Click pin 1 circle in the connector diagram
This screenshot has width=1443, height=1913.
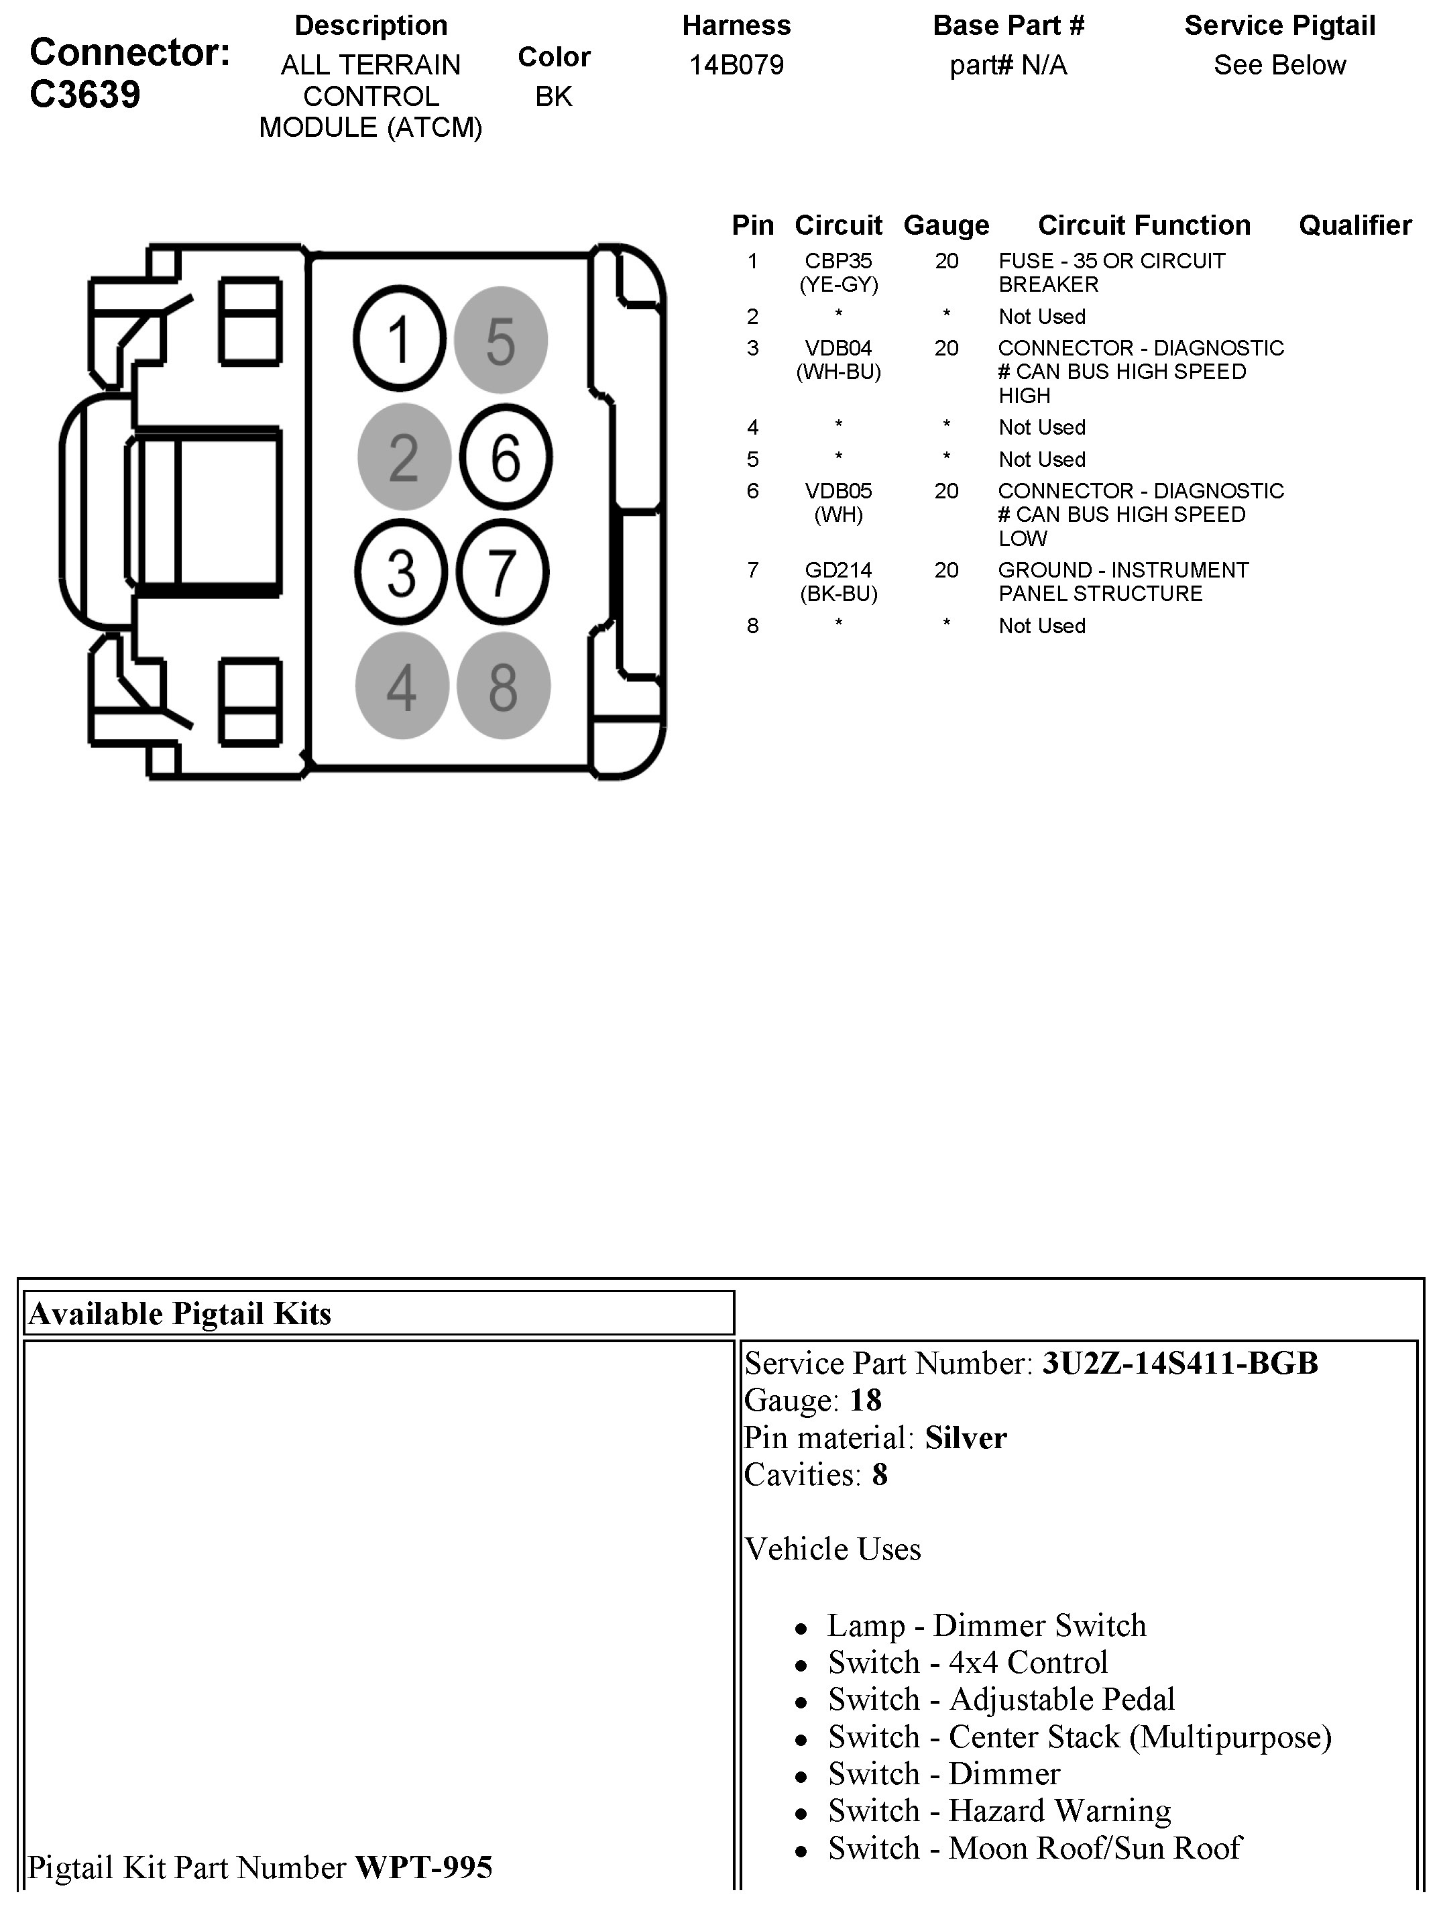pyautogui.click(x=400, y=340)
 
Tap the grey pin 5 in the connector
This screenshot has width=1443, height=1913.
pyautogui.click(x=501, y=340)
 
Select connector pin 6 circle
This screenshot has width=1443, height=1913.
pyautogui.click(x=505, y=457)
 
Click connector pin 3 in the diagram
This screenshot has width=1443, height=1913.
pyautogui.click(x=400, y=571)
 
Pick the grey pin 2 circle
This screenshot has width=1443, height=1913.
pyautogui.click(x=404, y=457)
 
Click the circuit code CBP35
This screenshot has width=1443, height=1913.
pyautogui.click(x=838, y=261)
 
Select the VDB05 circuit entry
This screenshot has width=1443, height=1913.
pyautogui.click(x=838, y=491)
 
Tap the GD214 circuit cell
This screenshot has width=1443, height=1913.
pyautogui.click(x=838, y=571)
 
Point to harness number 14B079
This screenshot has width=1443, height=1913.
pyautogui.click(x=736, y=66)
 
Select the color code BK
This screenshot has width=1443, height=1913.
pyautogui.click(x=553, y=97)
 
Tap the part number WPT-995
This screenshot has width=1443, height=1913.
pyautogui.click(x=424, y=1867)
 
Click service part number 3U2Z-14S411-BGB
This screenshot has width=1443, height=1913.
pyautogui.click(x=1180, y=1364)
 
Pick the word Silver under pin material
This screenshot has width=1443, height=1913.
pyautogui.click(x=966, y=1438)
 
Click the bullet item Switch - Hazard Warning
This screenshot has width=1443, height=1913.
pyautogui.click(x=998, y=1810)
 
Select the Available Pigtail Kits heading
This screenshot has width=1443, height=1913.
pyautogui.click(x=180, y=1313)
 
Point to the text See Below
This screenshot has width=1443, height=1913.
pyautogui.click(x=1279, y=66)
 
